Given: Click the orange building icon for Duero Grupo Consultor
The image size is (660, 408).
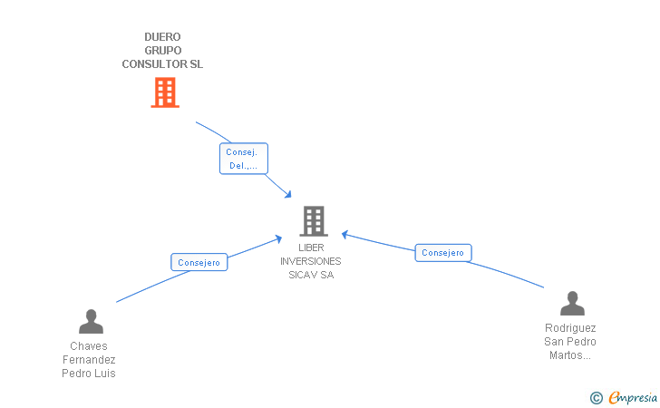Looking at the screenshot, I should tap(164, 92).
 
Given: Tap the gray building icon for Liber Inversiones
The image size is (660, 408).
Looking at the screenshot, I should tap(313, 220).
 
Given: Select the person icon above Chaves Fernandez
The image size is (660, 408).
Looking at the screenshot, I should tap(91, 322).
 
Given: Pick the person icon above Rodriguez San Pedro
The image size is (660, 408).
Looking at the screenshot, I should tap(572, 304).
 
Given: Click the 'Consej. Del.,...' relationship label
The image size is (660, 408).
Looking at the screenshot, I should tap(244, 159).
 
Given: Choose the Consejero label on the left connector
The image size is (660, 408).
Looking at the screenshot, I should tap(199, 262).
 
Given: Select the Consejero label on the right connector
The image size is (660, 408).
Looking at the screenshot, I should tap(443, 253).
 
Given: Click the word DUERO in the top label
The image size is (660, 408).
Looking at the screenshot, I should tap(162, 37).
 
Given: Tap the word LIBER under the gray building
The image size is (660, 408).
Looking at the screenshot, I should tap(311, 248).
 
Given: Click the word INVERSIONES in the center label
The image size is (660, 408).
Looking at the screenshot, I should tap(311, 261).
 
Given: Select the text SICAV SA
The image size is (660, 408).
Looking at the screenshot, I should tap(311, 275).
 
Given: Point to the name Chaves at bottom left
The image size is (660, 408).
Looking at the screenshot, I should tap(89, 346).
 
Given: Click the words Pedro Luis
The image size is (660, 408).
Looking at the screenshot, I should tap(89, 374).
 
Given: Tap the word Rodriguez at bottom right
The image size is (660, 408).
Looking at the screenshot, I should tap(570, 328).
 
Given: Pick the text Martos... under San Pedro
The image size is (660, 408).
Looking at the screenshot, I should tap(570, 355).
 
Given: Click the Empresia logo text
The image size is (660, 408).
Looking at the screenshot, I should tap(633, 396).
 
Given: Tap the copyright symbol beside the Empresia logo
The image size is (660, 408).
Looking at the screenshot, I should tap(596, 397).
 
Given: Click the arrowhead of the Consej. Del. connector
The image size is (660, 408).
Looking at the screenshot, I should tap(287, 195).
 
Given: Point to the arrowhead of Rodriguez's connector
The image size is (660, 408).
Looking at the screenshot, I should tap(345, 234).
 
